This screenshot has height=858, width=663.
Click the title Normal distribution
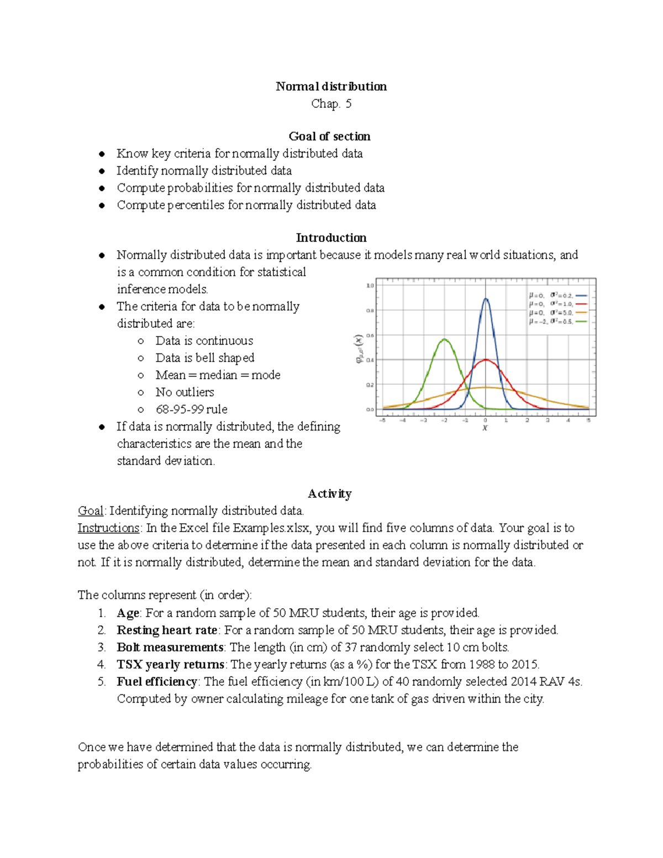click(331, 86)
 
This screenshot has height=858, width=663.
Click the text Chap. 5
click(331, 103)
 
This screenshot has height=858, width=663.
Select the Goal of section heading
click(329, 136)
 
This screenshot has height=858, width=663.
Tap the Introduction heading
click(331, 238)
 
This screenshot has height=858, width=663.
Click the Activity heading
click(329, 493)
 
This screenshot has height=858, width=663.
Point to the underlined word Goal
click(91, 510)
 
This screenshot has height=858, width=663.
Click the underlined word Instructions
click(108, 528)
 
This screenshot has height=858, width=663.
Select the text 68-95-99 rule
click(191, 409)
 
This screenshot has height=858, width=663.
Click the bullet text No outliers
click(185, 392)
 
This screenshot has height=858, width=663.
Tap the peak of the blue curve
click(486, 299)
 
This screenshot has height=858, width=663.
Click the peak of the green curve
click(444, 339)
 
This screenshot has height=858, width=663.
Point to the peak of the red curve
click(486, 360)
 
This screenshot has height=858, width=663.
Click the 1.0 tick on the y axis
click(370, 286)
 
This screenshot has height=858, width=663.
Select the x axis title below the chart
click(485, 428)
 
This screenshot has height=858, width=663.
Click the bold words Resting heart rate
click(167, 630)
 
